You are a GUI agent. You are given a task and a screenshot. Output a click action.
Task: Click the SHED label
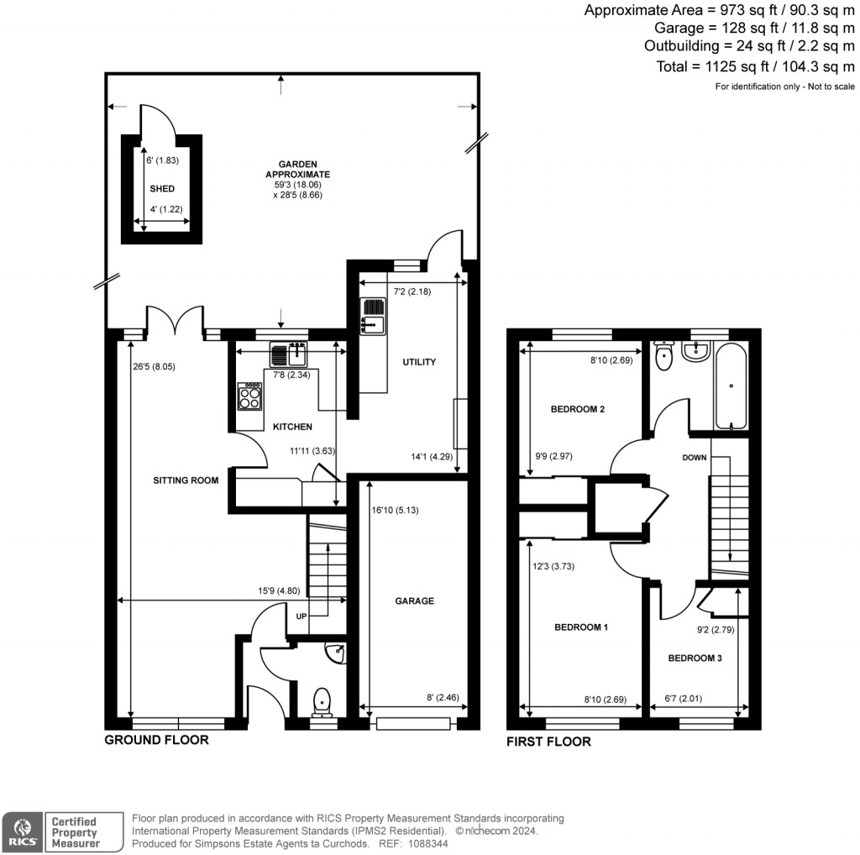click(162, 189)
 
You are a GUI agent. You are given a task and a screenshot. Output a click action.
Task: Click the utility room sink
click(372, 317)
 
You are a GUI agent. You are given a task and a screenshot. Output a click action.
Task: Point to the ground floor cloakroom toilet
click(322, 699)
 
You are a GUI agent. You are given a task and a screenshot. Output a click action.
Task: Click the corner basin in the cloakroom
click(337, 652)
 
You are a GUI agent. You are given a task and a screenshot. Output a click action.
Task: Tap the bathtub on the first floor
click(731, 387)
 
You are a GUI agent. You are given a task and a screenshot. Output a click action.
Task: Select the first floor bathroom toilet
click(664, 357)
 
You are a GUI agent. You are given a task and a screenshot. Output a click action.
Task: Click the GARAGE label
click(415, 601)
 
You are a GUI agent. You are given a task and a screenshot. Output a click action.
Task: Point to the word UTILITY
click(419, 362)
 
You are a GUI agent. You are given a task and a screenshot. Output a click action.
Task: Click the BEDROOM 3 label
click(695, 658)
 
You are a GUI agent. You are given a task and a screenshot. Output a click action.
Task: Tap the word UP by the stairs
click(301, 616)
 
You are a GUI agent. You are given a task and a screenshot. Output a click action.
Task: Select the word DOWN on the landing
click(695, 458)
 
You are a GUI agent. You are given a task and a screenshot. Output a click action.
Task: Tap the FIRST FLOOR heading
click(548, 742)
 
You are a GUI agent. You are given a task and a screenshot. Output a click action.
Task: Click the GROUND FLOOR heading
click(156, 740)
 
